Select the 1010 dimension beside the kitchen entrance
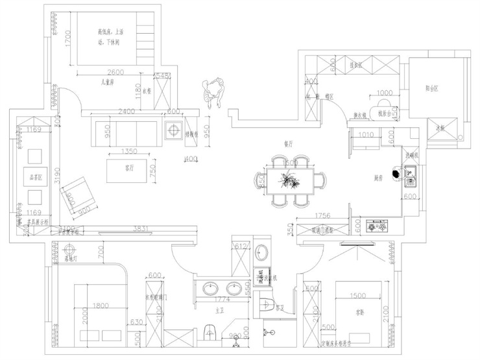(x=366, y=136)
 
